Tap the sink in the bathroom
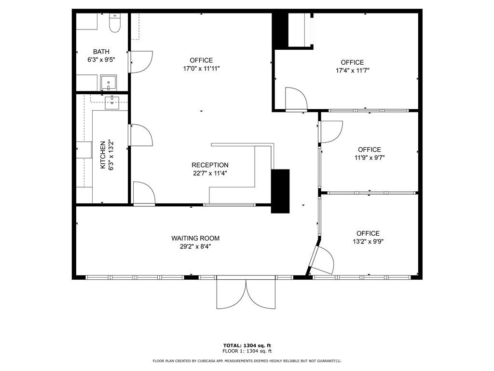[109, 83]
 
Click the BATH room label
[101, 52]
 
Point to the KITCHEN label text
[103, 155]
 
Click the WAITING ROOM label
[195, 238]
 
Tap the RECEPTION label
[210, 165]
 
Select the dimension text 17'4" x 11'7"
[352, 71]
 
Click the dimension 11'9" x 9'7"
[369, 157]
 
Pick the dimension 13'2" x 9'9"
[368, 241]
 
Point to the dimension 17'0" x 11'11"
[201, 69]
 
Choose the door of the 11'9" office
[331, 132]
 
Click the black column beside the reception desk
[280, 191]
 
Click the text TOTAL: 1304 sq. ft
[247, 345]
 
